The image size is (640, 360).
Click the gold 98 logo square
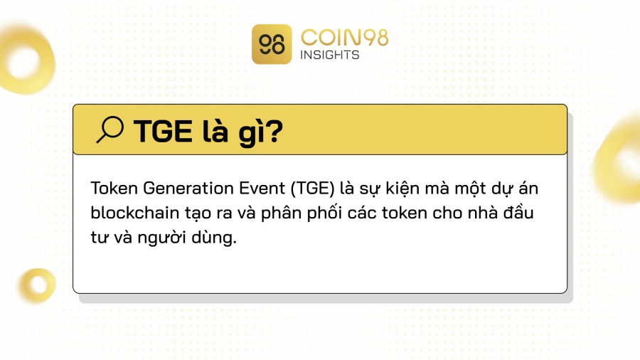click(x=272, y=44)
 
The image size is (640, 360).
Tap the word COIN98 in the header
click(x=344, y=38)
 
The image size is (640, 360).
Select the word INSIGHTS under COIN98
click(x=330, y=55)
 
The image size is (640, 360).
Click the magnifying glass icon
click(x=110, y=129)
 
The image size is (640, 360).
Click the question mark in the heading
click(x=273, y=132)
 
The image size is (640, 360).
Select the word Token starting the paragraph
click(x=114, y=189)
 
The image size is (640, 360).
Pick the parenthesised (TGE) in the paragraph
click(x=313, y=189)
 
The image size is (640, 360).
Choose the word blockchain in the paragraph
click(x=134, y=213)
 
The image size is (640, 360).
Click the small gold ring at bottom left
click(x=38, y=273)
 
